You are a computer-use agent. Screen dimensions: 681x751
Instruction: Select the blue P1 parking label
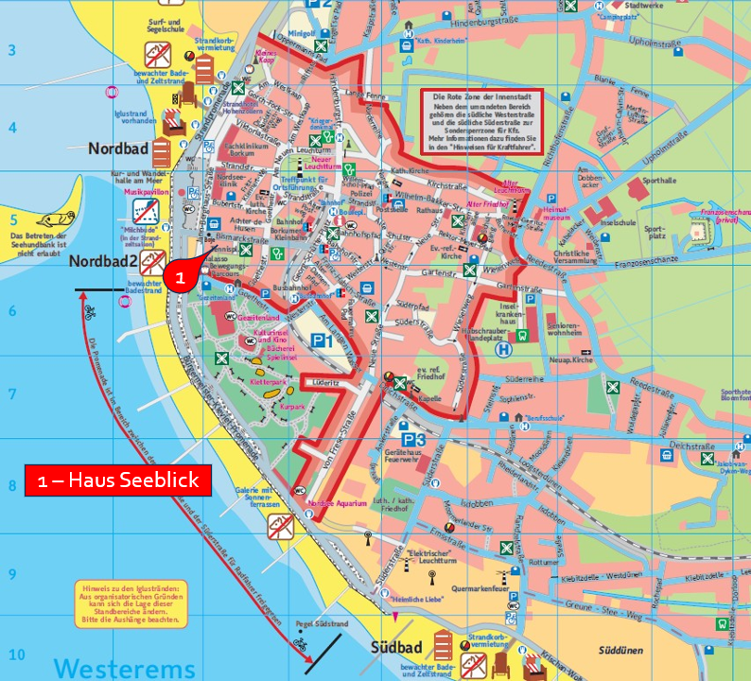322,340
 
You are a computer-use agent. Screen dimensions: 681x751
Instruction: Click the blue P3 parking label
414,440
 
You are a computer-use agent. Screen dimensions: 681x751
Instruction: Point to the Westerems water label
125,668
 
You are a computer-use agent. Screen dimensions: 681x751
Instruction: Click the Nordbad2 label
108,264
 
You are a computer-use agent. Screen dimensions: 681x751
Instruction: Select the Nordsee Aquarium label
336,503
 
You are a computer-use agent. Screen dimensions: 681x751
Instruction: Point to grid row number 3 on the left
12,50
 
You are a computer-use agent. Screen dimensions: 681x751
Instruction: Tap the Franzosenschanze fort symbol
702,228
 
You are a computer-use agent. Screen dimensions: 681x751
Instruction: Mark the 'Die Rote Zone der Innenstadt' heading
480,98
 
